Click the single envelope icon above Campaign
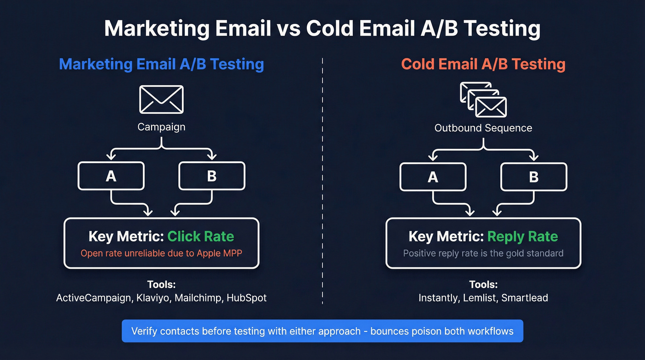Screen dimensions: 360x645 (x=161, y=99)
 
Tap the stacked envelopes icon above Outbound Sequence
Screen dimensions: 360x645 (x=483, y=100)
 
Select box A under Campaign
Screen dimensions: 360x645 (x=111, y=176)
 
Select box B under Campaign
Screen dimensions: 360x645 (x=211, y=176)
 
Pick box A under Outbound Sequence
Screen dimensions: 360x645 (x=433, y=176)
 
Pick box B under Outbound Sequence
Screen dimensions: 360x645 (x=534, y=176)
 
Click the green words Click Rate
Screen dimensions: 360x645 (x=200, y=236)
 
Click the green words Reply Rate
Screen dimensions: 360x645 (x=522, y=236)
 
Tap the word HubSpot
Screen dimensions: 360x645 (x=246, y=298)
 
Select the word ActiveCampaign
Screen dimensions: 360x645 (x=94, y=298)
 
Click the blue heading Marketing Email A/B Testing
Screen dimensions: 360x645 (x=161, y=64)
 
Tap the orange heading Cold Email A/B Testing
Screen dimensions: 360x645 (x=483, y=64)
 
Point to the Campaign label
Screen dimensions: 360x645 (x=161, y=127)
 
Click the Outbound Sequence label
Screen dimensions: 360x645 (x=483, y=128)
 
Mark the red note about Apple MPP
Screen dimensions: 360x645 (x=161, y=253)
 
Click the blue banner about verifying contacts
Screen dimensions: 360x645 (x=322, y=331)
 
